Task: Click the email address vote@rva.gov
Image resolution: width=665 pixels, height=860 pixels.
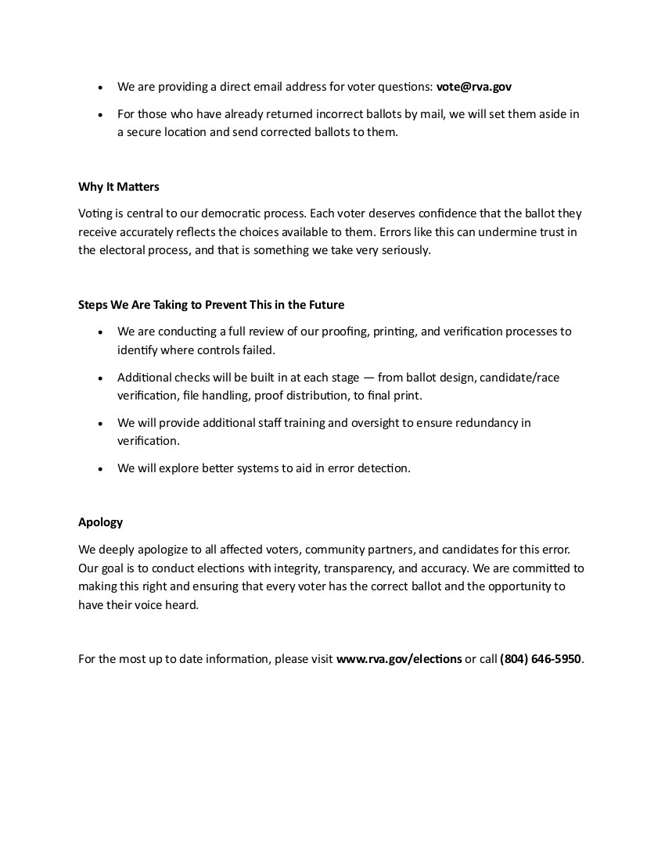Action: tap(473, 87)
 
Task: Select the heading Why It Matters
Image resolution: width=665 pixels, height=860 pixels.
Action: tap(119, 187)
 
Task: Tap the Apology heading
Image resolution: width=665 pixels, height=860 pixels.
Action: tap(100, 522)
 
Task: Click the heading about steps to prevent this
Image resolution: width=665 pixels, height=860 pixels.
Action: tap(211, 305)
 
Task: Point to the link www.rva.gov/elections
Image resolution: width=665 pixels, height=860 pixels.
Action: tap(399, 659)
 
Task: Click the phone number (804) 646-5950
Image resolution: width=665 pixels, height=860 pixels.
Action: tap(541, 659)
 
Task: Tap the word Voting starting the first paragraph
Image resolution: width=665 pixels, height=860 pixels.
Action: tap(95, 213)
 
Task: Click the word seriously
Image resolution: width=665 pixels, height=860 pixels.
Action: tap(404, 250)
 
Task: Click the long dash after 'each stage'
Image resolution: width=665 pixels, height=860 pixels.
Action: tap(368, 378)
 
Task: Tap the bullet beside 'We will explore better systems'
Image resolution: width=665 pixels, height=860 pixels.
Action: tap(100, 469)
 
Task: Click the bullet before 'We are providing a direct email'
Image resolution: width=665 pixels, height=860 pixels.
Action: tap(100, 88)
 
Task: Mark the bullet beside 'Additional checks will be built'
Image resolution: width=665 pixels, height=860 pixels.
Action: tap(100, 378)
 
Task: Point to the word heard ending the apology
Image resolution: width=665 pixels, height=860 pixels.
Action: tap(182, 605)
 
